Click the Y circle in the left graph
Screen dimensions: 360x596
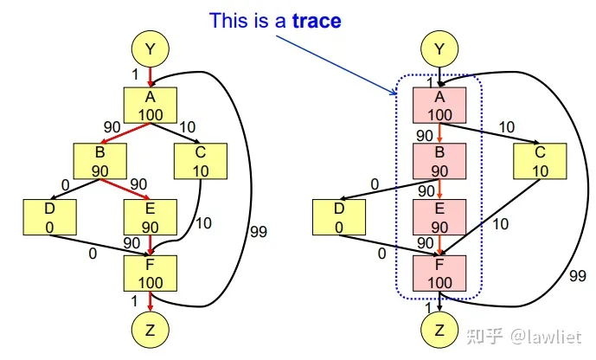[x=151, y=50]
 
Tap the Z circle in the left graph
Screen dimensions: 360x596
[x=151, y=329]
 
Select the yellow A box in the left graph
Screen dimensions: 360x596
[x=151, y=105]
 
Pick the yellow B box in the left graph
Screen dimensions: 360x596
[x=99, y=160]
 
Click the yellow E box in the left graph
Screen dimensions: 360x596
[x=151, y=216]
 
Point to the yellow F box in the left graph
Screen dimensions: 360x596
[x=151, y=273]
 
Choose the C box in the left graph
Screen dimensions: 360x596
[x=200, y=160]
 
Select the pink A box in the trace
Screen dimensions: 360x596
[x=439, y=105]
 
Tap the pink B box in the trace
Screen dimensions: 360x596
[x=439, y=160]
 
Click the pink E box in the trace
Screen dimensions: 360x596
[x=439, y=216]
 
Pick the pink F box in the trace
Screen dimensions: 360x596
[x=439, y=273]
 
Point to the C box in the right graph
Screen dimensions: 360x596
[x=540, y=160]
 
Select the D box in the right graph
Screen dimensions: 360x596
[x=339, y=216]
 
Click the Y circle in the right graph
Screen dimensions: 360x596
[x=439, y=50]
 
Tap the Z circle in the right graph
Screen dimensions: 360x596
[x=439, y=329]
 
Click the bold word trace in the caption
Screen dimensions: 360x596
[x=317, y=20]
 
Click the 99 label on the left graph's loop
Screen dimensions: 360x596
[x=257, y=232]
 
